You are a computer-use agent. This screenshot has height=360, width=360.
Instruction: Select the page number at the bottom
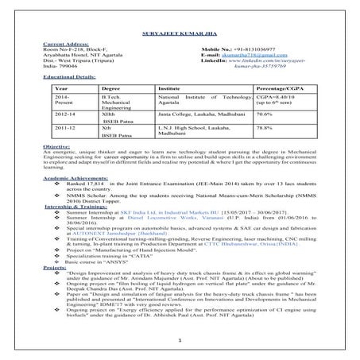[x=181, y=342]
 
